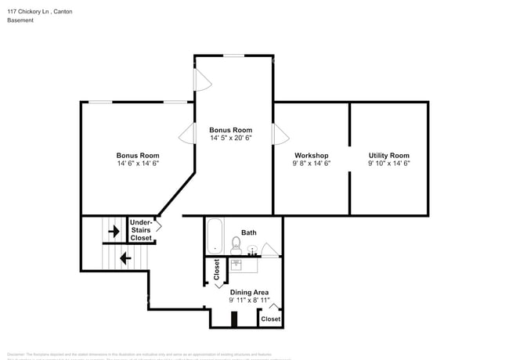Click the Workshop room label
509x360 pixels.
click(x=311, y=155)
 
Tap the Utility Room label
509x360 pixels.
click(x=388, y=155)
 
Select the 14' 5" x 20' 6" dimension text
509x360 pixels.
click(x=230, y=138)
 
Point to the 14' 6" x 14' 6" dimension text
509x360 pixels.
click(x=138, y=164)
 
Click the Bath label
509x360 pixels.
click(x=248, y=232)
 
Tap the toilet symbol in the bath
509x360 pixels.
click(x=236, y=245)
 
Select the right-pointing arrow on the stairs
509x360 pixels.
click(x=114, y=231)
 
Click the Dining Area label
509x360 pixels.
click(x=249, y=292)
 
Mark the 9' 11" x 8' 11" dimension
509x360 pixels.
click(x=249, y=301)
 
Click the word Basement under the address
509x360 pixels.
click(x=20, y=20)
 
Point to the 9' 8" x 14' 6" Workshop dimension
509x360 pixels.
click(x=311, y=164)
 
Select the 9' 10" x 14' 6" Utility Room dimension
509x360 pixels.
click(x=388, y=164)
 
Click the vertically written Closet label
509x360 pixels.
click(x=217, y=269)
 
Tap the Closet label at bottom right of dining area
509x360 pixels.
click(x=270, y=319)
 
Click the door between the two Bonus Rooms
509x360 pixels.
click(x=187, y=134)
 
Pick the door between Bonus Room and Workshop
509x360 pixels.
click(x=278, y=134)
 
